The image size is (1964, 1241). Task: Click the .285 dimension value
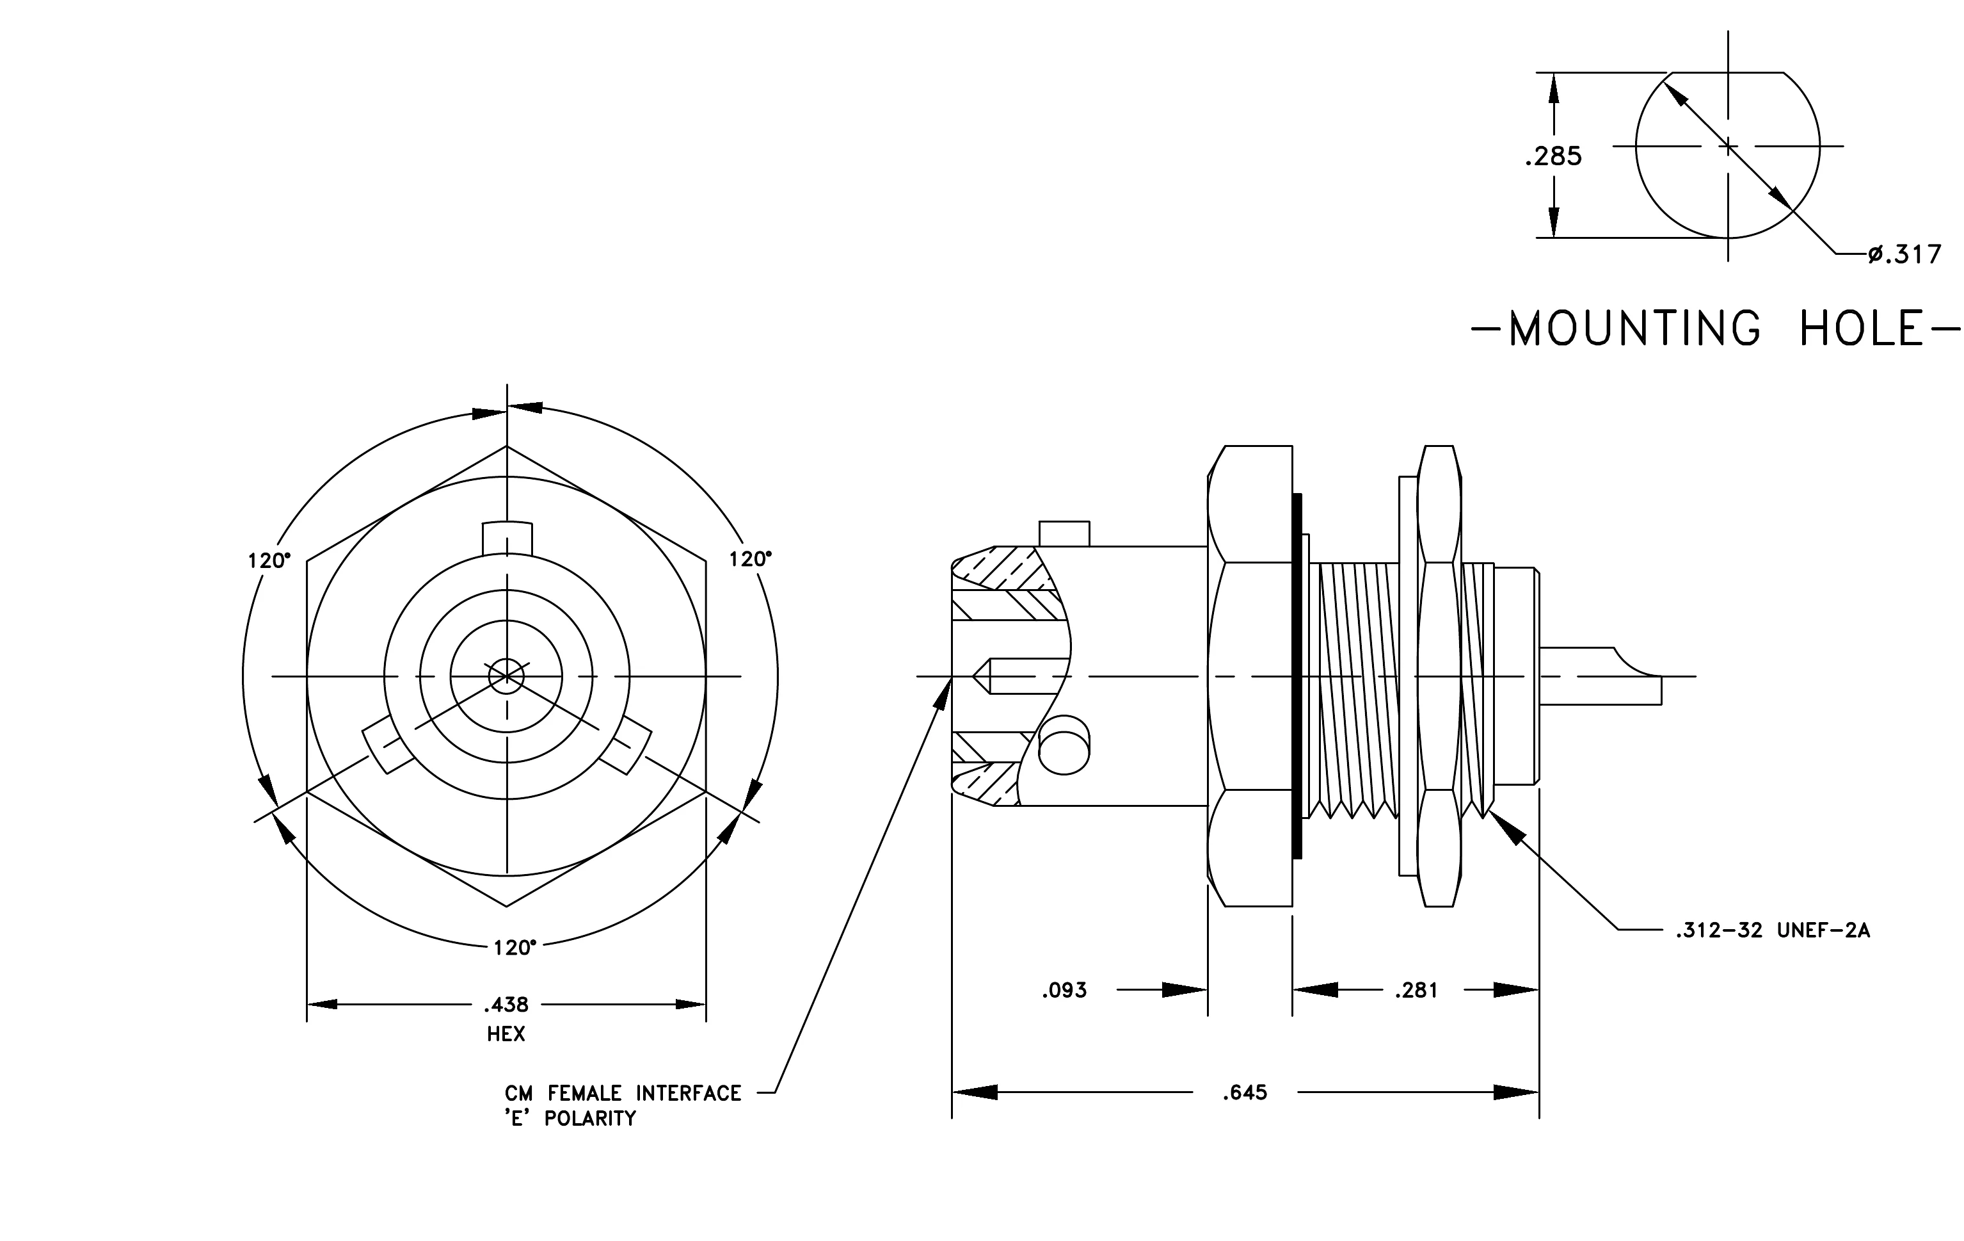pyautogui.click(x=1553, y=156)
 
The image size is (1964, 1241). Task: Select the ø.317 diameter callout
pyautogui.click(x=1904, y=255)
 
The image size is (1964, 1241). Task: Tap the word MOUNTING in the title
pyautogui.click(x=1634, y=328)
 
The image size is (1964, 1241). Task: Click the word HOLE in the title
pyautogui.click(x=1862, y=328)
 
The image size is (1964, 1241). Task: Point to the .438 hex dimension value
pyautogui.click(x=506, y=1004)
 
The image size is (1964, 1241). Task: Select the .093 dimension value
pyautogui.click(x=1064, y=991)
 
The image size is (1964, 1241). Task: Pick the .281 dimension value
pyautogui.click(x=1416, y=991)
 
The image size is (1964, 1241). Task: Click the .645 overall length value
pyautogui.click(x=1245, y=1092)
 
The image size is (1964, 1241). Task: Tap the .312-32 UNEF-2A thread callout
pyautogui.click(x=1772, y=930)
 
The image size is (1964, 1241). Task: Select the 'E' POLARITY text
pyautogui.click(x=570, y=1119)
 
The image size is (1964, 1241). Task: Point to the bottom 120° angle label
pyautogui.click(x=515, y=947)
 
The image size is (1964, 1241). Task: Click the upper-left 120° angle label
pyautogui.click(x=269, y=560)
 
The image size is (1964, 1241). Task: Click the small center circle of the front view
pyautogui.click(x=506, y=676)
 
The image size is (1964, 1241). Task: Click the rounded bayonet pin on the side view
pyautogui.click(x=1064, y=745)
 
